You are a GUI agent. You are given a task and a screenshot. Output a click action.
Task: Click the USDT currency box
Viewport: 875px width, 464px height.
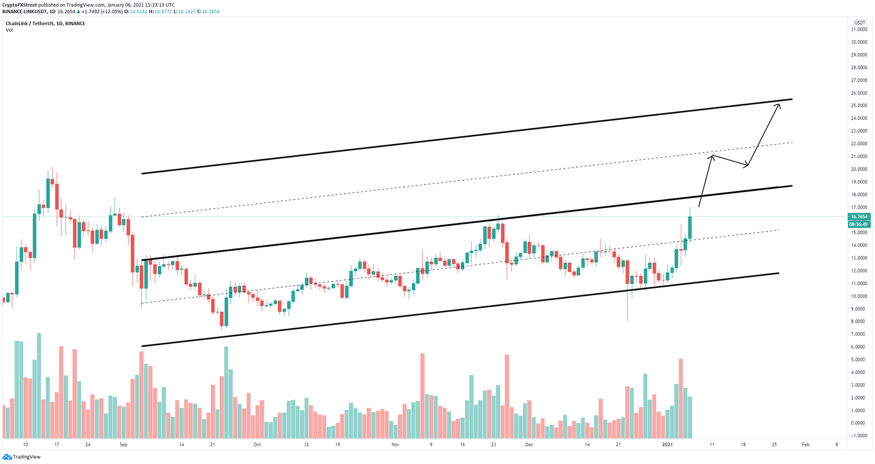860,23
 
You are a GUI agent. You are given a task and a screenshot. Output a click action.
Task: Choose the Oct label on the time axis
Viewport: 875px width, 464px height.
257,445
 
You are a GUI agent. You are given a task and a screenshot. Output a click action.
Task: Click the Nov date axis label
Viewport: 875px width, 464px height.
396,445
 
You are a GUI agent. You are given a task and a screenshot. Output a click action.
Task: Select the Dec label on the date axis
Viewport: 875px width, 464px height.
529,445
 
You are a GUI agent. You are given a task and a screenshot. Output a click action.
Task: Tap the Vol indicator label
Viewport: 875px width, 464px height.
9,30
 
